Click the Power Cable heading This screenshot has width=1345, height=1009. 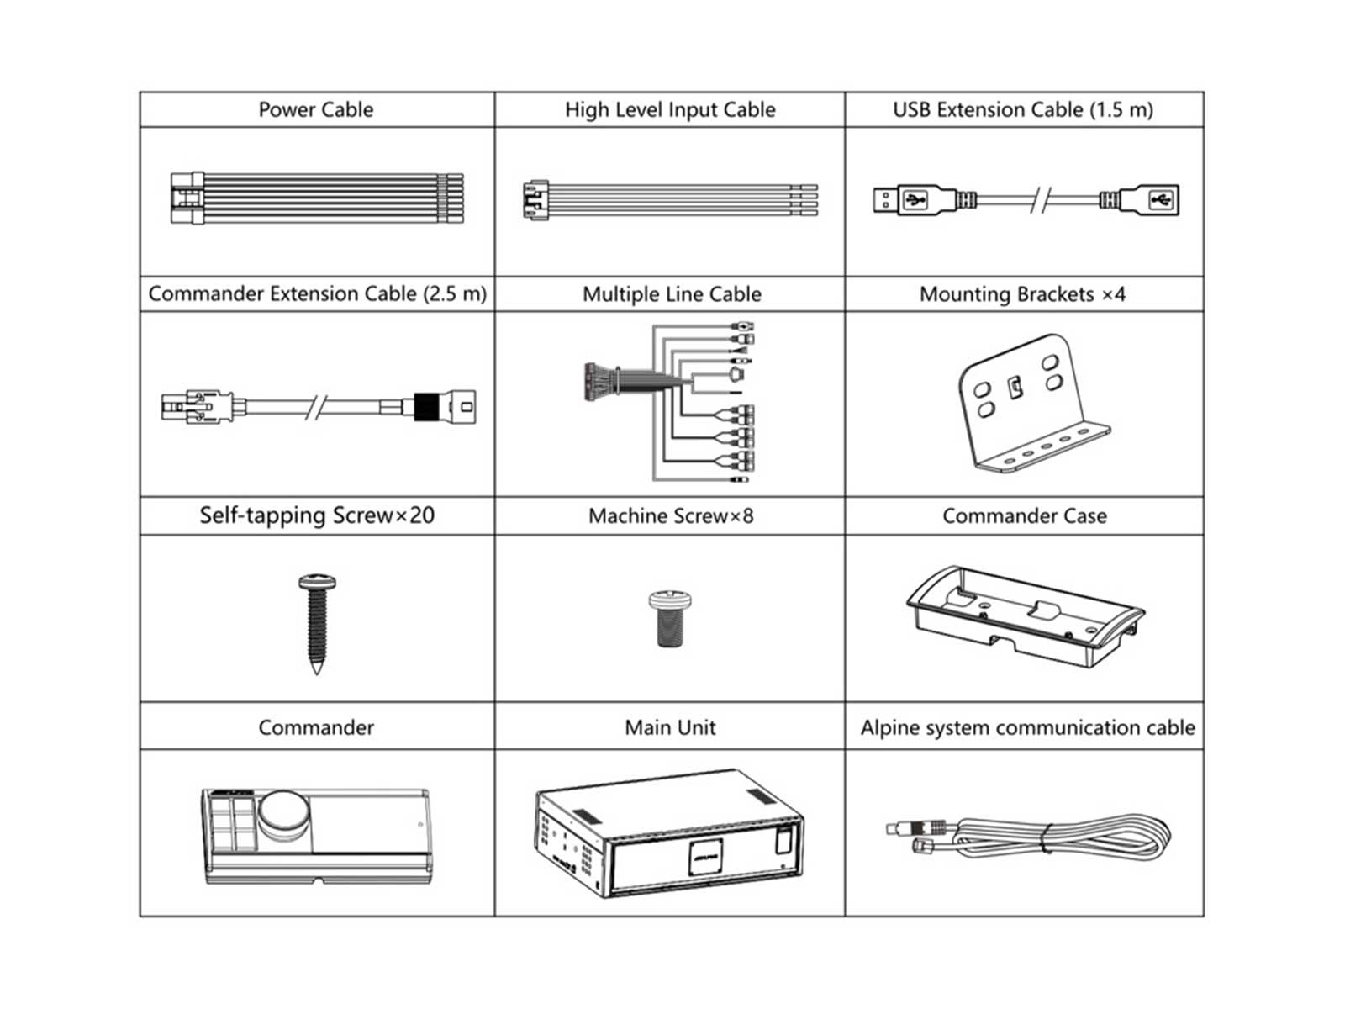coord(315,109)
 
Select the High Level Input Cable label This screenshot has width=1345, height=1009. coord(670,109)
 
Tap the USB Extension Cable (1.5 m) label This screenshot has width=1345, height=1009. coord(1023,109)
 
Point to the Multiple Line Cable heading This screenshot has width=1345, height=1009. coord(672,294)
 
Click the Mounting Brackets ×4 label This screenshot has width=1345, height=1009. coord(1022,294)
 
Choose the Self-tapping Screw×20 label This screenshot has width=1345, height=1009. coord(317,515)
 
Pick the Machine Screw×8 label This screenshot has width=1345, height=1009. coord(670,515)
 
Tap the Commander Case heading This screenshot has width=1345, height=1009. coord(1025,515)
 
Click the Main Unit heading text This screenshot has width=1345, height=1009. coord(670,727)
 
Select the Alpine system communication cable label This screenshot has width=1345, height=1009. coord(1027,727)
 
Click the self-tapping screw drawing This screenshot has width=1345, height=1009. coord(317,624)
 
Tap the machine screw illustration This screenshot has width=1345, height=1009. coord(670,618)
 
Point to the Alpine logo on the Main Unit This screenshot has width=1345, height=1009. coord(706,857)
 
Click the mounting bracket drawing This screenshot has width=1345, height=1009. coord(1034,403)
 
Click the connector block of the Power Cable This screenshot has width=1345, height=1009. coord(187,198)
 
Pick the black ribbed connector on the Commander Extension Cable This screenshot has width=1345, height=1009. coord(426,406)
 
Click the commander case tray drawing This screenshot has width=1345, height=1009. coord(1025,615)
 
